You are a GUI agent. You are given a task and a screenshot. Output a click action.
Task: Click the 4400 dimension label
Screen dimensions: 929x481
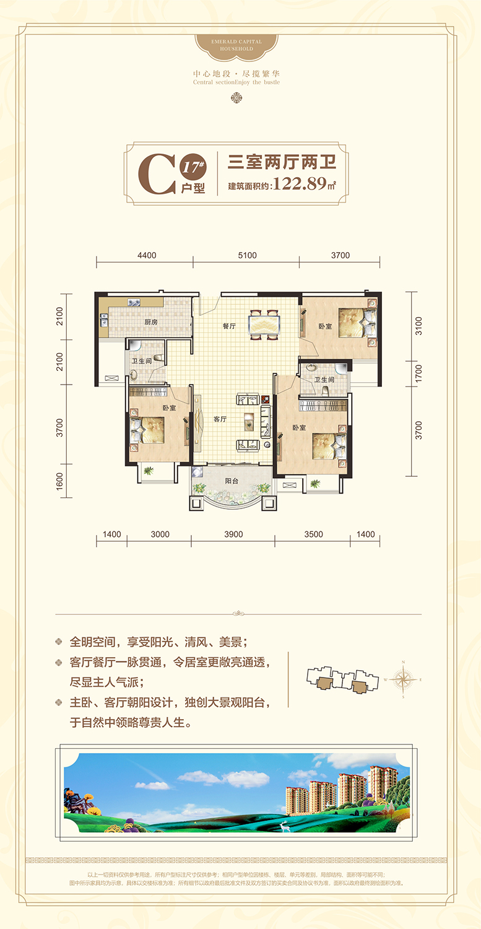147,255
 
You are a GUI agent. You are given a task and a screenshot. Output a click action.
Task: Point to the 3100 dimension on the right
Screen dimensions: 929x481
418,325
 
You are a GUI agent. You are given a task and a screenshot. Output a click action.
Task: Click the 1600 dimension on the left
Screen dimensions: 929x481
60,481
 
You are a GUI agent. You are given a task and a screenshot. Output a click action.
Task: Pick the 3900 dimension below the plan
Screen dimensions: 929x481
233,534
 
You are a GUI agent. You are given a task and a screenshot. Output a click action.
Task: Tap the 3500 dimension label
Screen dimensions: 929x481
314,534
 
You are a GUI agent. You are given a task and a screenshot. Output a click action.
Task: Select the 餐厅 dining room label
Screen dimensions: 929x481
230,326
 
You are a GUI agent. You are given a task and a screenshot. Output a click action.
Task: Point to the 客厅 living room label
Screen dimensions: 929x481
220,419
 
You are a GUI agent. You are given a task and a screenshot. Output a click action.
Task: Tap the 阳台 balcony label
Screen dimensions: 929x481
232,480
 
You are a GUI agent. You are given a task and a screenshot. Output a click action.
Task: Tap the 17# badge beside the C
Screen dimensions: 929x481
188,165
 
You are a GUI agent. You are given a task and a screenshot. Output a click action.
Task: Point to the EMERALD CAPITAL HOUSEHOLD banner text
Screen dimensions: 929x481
237,45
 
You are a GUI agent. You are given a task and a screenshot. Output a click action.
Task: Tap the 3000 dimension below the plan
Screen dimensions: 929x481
159,534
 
